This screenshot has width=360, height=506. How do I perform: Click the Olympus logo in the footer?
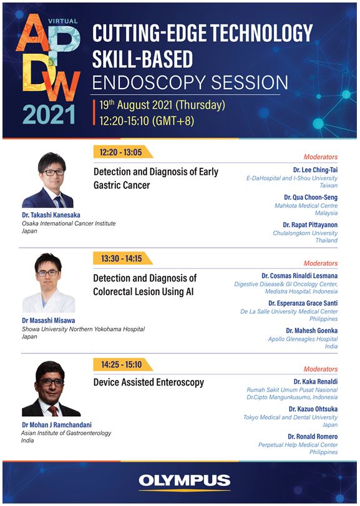click(185, 481)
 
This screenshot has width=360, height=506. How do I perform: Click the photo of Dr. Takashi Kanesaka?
click(48, 180)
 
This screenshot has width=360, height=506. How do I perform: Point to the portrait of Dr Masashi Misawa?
click(49, 283)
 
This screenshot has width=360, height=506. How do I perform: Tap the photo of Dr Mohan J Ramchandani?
click(51, 389)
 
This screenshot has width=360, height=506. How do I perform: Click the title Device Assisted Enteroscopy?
click(148, 382)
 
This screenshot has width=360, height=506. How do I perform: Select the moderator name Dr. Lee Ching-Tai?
click(315, 170)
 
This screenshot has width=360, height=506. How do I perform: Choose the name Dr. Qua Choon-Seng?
click(311, 197)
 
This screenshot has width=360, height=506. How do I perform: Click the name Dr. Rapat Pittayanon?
click(310, 225)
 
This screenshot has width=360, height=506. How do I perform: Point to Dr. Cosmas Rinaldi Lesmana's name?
click(299, 276)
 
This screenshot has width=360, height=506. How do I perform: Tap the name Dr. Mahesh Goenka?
click(311, 331)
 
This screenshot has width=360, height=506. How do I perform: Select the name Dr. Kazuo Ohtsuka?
click(313, 409)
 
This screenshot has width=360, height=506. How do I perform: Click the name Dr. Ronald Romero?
click(313, 437)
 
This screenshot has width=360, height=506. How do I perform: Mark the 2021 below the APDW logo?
click(49, 115)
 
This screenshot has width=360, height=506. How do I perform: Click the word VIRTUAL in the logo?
click(63, 21)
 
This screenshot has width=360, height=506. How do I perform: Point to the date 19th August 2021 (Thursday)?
click(162, 105)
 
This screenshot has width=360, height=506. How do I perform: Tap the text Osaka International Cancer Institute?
click(69, 223)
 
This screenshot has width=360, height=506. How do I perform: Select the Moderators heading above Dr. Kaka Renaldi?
click(320, 369)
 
